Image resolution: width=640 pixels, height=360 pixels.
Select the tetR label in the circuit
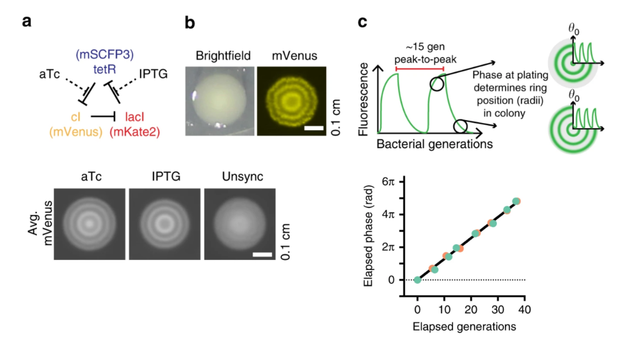point(101,67)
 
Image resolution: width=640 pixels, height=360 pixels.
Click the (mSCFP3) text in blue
point(102,54)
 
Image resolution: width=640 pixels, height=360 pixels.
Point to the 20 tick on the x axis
point(471,311)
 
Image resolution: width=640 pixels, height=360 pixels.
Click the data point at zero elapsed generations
point(417,279)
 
